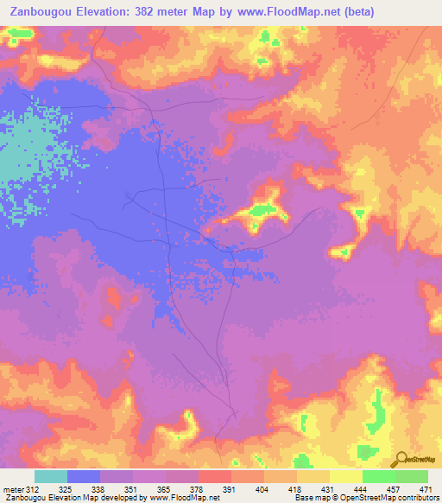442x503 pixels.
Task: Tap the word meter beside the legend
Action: pos(12,488)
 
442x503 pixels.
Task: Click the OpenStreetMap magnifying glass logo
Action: pos(401,457)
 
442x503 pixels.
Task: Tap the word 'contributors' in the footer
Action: pos(419,498)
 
